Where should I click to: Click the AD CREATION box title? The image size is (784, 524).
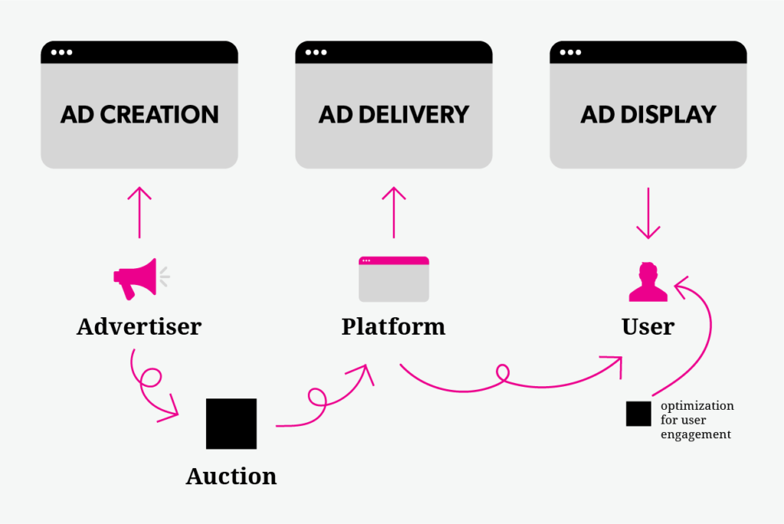point(139,115)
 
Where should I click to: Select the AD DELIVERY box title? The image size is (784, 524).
point(394,115)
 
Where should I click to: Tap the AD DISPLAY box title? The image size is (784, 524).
point(648,115)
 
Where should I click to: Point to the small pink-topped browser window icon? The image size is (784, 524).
point(394,280)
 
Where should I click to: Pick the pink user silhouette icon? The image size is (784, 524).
point(648,282)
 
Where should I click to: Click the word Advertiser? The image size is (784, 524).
point(139,327)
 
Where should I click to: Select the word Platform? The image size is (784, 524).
point(394,327)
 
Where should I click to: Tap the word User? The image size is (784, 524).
point(648,327)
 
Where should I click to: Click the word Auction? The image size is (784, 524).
point(231,476)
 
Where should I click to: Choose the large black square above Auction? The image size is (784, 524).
point(231,424)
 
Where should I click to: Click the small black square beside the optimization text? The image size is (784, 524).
point(639,414)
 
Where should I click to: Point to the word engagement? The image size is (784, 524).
point(695,434)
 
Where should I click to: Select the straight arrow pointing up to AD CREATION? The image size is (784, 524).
point(139,212)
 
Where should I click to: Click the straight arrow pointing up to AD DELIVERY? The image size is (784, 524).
point(394,212)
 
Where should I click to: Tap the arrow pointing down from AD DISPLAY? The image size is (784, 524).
point(648,213)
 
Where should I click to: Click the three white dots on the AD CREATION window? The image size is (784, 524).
point(61,52)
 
